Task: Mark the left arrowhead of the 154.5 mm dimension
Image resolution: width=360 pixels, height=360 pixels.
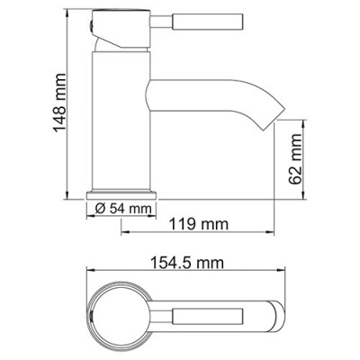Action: click(x=91, y=274)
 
